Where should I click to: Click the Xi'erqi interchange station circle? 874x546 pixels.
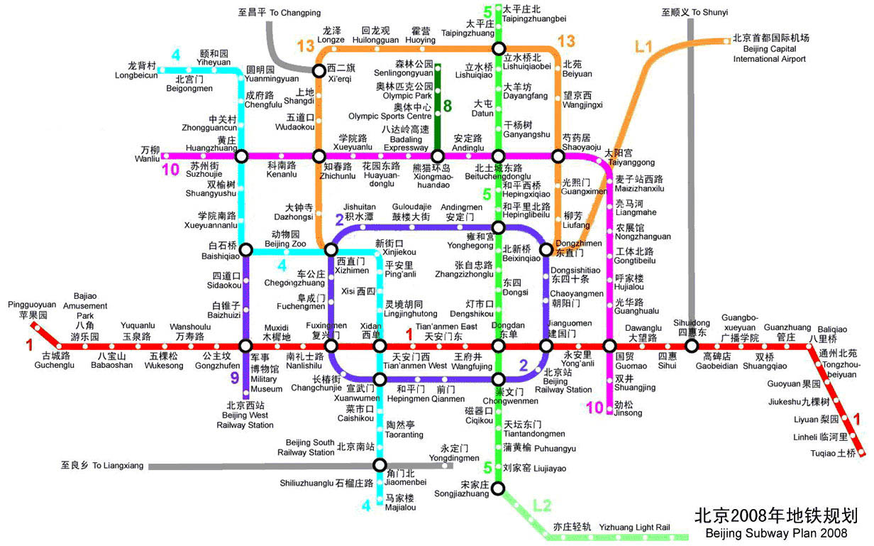(319, 71)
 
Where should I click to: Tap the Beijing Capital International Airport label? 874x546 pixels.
(770, 48)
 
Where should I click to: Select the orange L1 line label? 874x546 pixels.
(643, 47)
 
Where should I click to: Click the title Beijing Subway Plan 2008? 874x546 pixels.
(776, 533)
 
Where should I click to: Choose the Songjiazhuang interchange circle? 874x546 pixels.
(498, 488)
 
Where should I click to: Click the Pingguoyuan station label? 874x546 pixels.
(32, 310)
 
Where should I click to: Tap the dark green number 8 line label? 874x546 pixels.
(448, 106)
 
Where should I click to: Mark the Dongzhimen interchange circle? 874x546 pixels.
(546, 249)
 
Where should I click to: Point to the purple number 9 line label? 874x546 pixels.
(235, 378)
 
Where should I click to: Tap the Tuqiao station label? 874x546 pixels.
(834, 453)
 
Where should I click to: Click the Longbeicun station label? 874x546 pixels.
(135, 70)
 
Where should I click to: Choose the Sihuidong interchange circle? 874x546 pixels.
(692, 346)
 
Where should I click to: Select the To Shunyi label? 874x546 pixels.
(695, 13)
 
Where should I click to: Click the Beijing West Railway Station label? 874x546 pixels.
(245, 415)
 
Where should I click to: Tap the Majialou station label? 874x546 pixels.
(400, 503)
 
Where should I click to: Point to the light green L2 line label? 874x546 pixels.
(542, 506)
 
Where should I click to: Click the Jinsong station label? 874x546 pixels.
(628, 408)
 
